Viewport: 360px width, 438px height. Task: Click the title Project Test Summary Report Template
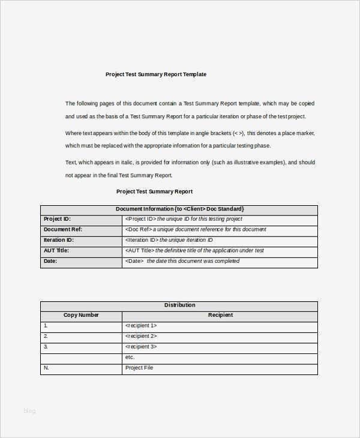[156, 74]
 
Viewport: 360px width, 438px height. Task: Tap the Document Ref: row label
[63, 229]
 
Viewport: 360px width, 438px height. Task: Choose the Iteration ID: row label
[59, 240]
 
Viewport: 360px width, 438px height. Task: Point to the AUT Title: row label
[56, 250]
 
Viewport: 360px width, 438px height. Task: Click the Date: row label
[50, 261]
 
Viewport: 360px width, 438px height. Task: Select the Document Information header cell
[179, 209]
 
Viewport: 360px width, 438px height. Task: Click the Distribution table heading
[179, 305]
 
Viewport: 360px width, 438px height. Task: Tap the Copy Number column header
[81, 315]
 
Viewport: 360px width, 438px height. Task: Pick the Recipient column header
[220, 315]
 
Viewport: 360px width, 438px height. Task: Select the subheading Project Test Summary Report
[154, 191]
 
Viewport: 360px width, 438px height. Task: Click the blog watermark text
[29, 410]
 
